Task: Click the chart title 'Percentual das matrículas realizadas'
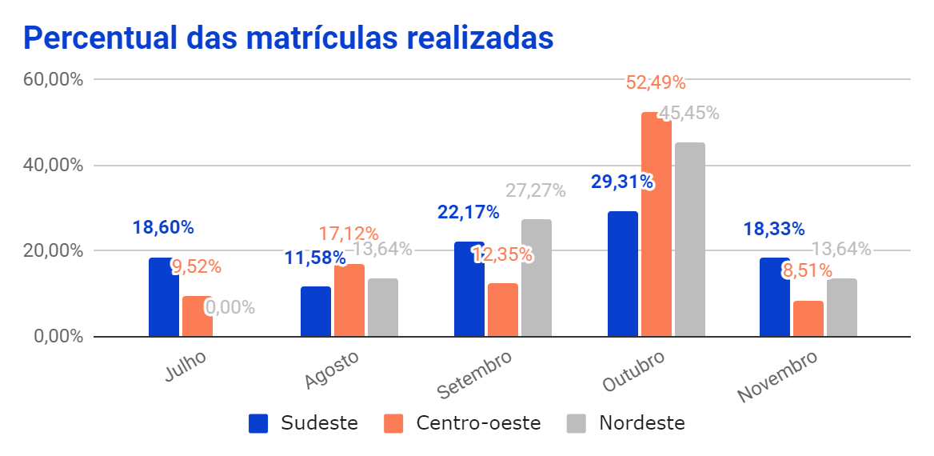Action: point(289,38)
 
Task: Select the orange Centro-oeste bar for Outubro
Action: point(657,225)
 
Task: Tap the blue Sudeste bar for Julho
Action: point(163,297)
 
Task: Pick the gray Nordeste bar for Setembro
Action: point(537,278)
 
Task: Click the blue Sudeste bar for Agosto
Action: point(316,311)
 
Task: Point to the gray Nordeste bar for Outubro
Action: point(690,239)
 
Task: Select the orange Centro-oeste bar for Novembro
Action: point(808,318)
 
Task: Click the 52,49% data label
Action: point(656,82)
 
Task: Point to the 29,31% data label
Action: point(621,182)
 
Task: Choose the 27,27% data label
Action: point(535,191)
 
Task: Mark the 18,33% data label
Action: point(773,229)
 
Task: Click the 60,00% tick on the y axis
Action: point(54,80)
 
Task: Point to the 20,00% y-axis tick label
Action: point(54,251)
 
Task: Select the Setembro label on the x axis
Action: point(474,374)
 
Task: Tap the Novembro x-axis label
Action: point(777,377)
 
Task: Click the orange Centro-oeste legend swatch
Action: point(395,423)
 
